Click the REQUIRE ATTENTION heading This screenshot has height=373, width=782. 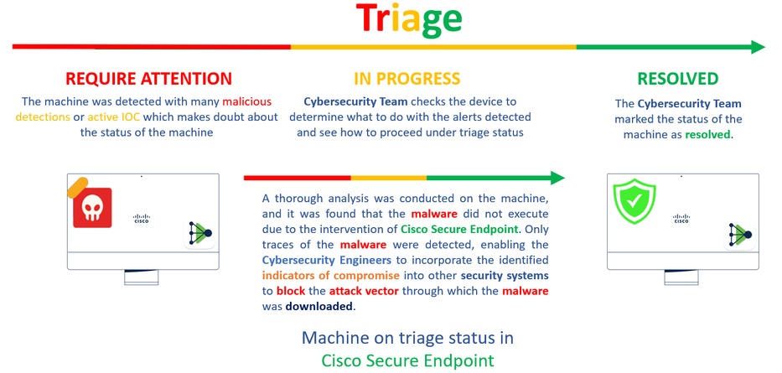click(148, 78)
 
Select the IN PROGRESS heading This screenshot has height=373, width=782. click(407, 78)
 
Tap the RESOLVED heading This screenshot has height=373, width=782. click(678, 78)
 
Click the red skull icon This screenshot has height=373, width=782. click(92, 207)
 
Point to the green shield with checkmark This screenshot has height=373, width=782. click(634, 201)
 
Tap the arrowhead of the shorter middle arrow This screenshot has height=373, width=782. click(557, 178)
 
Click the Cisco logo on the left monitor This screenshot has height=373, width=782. click(142, 219)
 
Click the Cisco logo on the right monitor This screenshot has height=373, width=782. click(681, 219)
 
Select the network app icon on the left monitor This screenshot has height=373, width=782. click(200, 233)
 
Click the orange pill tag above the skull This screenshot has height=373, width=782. click(78, 188)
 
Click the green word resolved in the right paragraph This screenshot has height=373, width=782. click(707, 135)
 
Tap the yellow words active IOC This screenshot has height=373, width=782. click(108, 117)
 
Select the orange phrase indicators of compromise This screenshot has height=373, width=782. click(331, 276)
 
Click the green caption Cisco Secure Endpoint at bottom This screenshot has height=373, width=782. click(408, 360)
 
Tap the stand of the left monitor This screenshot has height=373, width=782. click(142, 277)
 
